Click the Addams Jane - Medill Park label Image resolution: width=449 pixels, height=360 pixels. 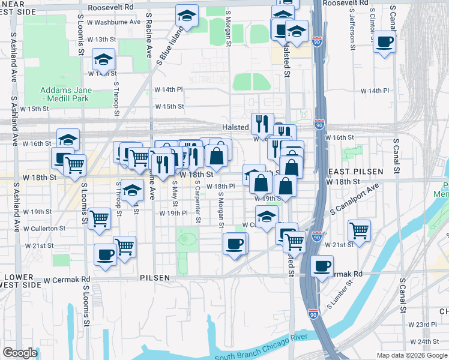coord(66,94)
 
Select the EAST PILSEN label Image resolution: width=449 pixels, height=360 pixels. coord(356,172)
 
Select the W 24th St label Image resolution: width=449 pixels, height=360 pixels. coord(429,341)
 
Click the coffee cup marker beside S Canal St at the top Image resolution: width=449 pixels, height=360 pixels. coord(385,42)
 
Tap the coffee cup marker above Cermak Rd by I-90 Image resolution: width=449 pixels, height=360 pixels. coord(322,265)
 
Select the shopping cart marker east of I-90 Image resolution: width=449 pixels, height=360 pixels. coord(359,230)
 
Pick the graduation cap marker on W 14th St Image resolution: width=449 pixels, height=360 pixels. coord(103,59)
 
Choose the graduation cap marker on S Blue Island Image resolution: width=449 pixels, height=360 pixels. coord(187,16)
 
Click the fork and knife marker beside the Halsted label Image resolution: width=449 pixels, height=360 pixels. coord(262,124)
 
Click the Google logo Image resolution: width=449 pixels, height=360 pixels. coord(20,353)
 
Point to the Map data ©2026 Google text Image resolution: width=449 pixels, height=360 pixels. coord(411,355)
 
